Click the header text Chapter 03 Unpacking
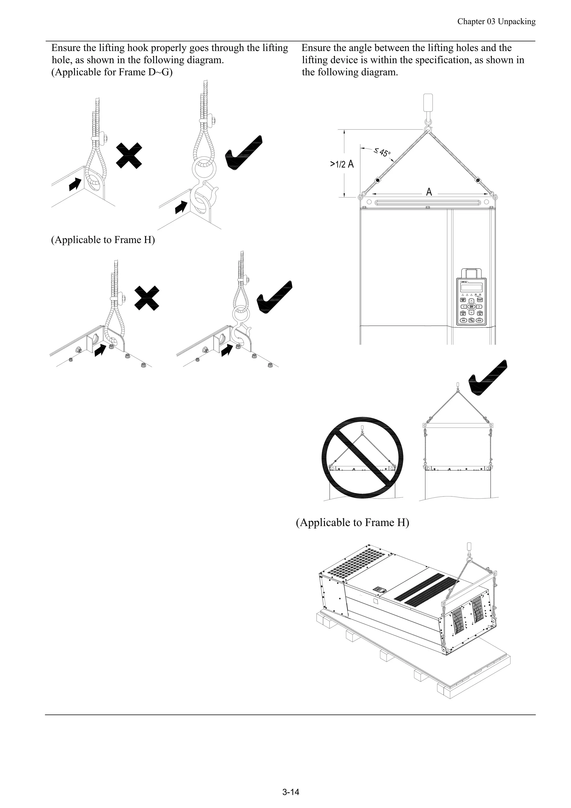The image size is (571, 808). tap(496, 22)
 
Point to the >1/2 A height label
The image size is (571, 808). tap(342, 164)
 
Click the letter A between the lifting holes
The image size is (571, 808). tap(429, 192)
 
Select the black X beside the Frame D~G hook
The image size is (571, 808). tap(129, 156)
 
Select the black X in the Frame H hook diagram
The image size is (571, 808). tap(147, 298)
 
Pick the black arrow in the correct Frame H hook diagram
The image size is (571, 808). tap(227, 349)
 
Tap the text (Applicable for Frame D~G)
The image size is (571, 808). tap(112, 72)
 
